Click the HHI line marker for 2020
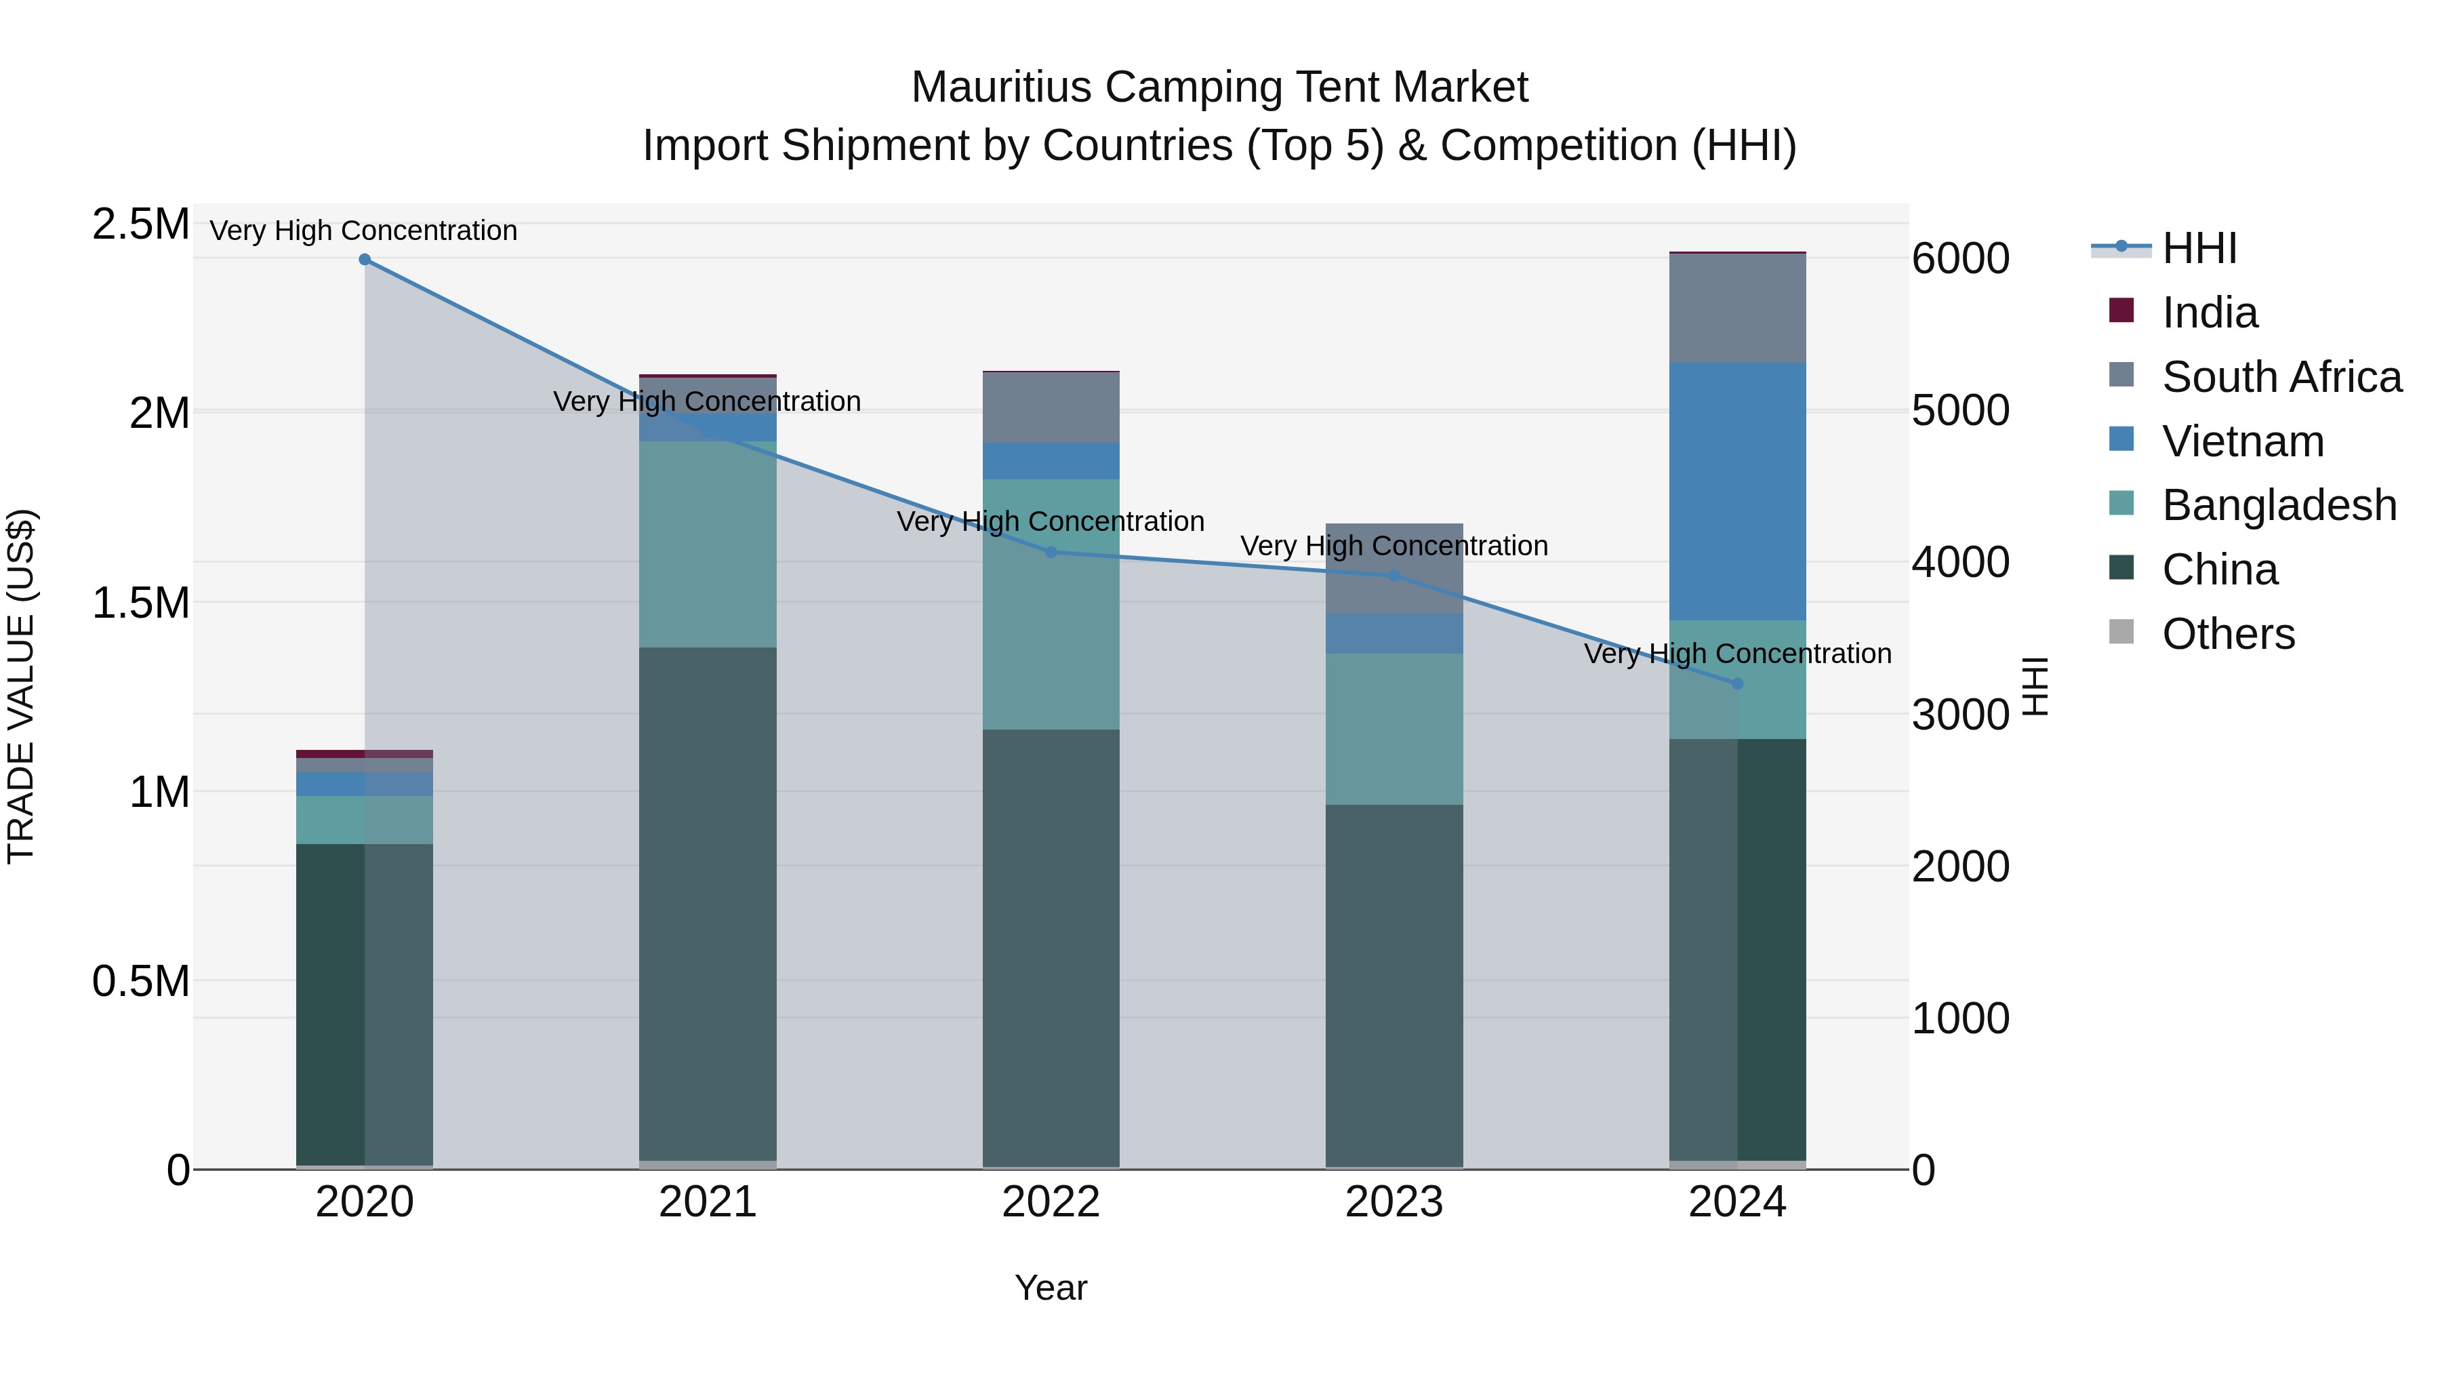(365, 260)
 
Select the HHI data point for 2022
(1051, 553)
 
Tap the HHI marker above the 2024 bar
(1737, 684)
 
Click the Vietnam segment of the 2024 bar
(1737, 491)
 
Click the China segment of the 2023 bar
(1394, 985)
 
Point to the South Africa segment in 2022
(1051, 407)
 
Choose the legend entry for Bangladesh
(2279, 505)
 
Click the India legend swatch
(2121, 311)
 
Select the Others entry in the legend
(2228, 634)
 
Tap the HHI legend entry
(2199, 248)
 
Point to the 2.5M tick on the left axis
(140, 224)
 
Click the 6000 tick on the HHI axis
(1959, 259)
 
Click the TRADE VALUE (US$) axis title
(21, 687)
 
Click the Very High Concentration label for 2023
(1394, 546)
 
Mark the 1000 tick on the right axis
(1959, 1018)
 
